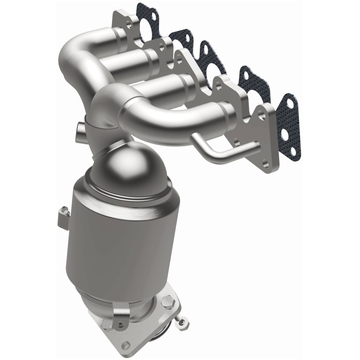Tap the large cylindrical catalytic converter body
point(117,234)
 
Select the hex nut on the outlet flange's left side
point(121,311)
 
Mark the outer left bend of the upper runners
point(67,58)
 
